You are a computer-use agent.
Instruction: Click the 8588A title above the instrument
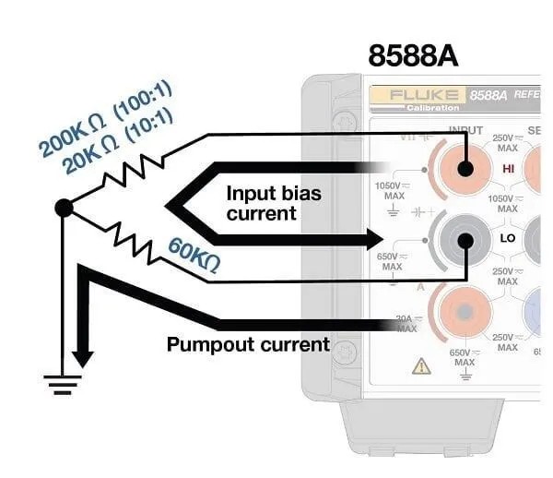point(412,54)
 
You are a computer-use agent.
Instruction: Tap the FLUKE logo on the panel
point(419,95)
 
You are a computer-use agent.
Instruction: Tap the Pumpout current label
point(247,345)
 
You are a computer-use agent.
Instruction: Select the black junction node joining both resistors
point(64,208)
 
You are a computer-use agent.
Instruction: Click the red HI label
point(507,171)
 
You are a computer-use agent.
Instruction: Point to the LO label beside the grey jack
point(507,238)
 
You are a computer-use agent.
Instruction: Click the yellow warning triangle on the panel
point(421,366)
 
